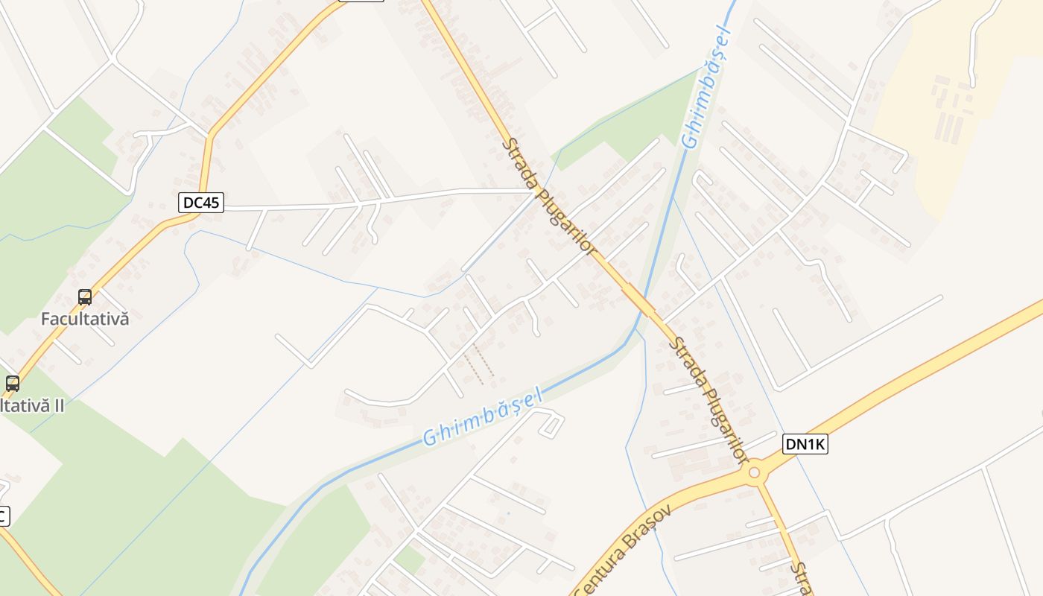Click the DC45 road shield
coord(201,202)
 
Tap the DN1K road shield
coord(805,445)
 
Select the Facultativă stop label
coord(85,319)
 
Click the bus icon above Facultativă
coord(85,297)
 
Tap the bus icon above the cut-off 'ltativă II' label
coord(13,384)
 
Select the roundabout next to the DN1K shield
coord(755,472)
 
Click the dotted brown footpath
coord(478,364)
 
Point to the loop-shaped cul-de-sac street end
coord(551,424)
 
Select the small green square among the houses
coord(409,559)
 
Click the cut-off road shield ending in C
coord(3,516)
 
